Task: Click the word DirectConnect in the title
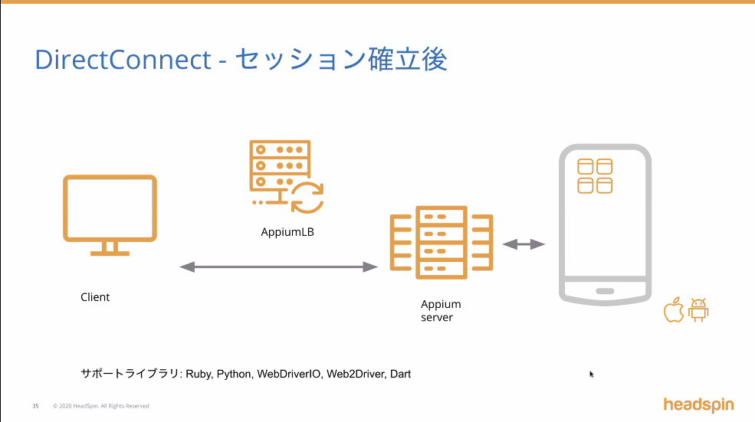pos(123,60)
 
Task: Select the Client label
pos(95,297)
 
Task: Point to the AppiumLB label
pos(287,231)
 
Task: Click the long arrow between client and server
pos(279,267)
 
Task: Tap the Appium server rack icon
pos(440,242)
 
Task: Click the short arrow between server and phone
pos(524,244)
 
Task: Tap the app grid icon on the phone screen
pos(595,176)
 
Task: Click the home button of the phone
pos(605,291)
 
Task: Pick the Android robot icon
pos(698,310)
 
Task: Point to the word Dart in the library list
pos(400,375)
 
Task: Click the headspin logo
pos(698,404)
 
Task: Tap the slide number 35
pos(35,406)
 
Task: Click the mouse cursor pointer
pos(591,374)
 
